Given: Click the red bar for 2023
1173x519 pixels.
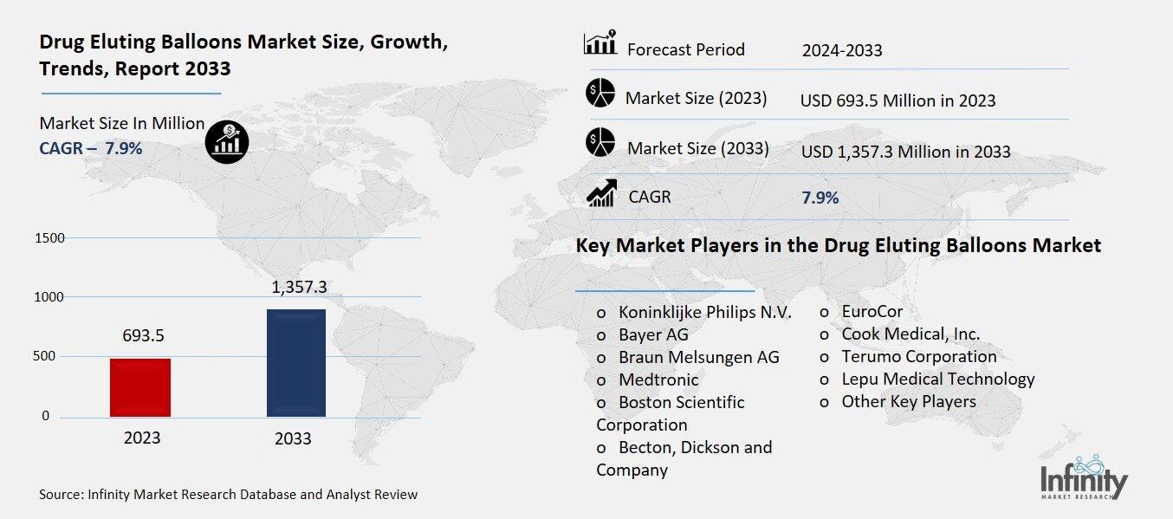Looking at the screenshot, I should coord(140,387).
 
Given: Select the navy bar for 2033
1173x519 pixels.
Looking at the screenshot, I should coord(295,363).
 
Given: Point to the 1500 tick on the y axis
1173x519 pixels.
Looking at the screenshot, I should coord(49,237).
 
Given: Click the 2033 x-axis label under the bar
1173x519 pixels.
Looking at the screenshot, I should coord(293,438).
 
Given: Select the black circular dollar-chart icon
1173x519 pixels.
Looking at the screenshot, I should coord(227,141).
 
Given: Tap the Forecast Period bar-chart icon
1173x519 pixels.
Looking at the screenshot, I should coord(599,42).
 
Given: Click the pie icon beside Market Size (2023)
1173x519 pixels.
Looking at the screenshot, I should coord(599,93).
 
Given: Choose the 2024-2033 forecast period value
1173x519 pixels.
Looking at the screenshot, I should coord(842,50).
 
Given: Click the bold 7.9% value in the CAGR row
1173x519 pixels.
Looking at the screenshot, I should coord(820,198).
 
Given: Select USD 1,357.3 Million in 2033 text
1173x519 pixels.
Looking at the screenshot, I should coord(905,152).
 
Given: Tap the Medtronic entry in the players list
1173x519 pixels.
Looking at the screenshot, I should coord(658,380).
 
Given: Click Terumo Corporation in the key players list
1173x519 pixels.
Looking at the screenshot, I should coord(918,356).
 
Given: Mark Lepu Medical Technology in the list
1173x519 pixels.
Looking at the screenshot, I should coord(937,379).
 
